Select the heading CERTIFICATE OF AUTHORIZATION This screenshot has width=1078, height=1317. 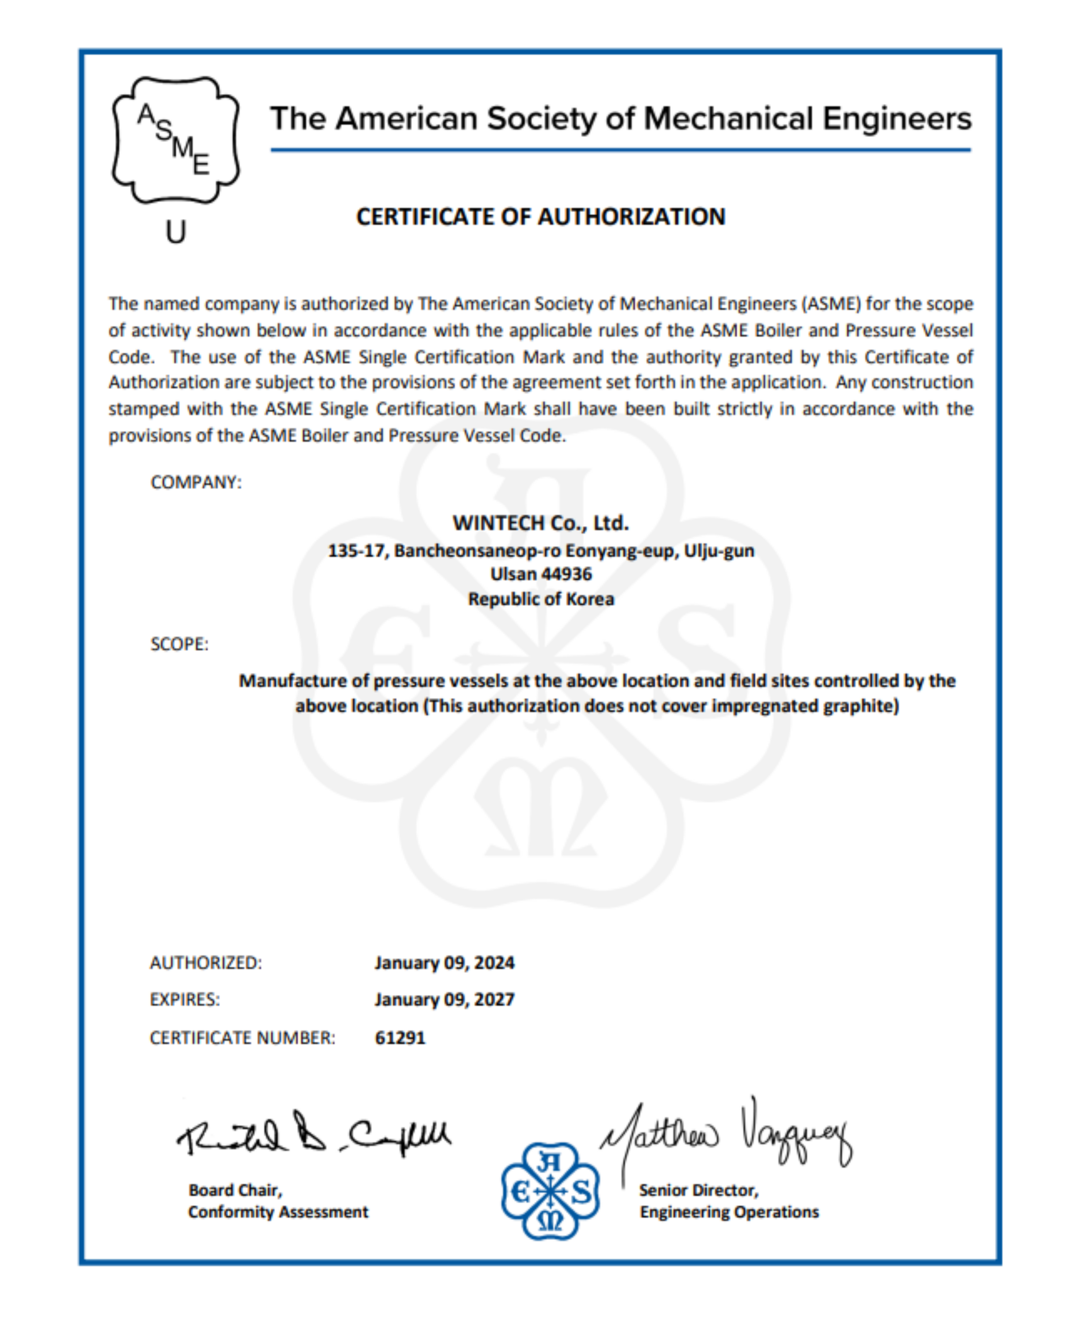[540, 217]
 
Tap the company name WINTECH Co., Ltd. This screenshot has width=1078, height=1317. [540, 523]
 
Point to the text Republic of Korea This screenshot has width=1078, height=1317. [540, 599]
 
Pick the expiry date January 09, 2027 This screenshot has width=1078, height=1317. [444, 999]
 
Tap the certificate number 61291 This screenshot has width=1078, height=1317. [400, 1038]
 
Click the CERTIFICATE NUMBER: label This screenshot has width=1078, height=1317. [242, 1038]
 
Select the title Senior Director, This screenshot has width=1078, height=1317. [699, 1190]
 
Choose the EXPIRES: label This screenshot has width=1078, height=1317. [184, 999]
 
